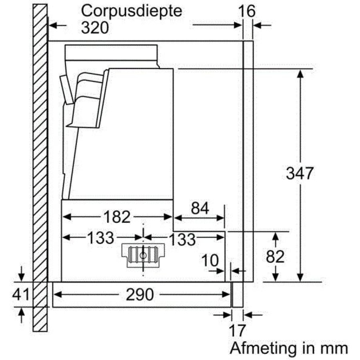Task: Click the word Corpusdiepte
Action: pos(132,12)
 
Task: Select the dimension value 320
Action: pos(95,28)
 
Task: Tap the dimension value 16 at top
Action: pos(247,11)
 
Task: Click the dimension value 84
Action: pos(200,208)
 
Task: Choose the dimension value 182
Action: pos(117,217)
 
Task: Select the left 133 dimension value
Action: pos(100,238)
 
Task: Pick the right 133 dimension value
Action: pos(182,239)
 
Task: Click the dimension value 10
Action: pos(210,260)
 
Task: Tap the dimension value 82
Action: pos(275,256)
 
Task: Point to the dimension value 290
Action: pos(140,295)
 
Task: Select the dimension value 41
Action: pos(21,294)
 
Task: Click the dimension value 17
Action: pos(237,330)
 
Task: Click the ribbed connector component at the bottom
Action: pos(143,255)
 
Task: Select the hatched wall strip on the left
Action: pos(40,168)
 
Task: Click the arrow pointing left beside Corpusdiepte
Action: pos(58,25)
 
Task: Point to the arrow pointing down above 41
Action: pos(21,274)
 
